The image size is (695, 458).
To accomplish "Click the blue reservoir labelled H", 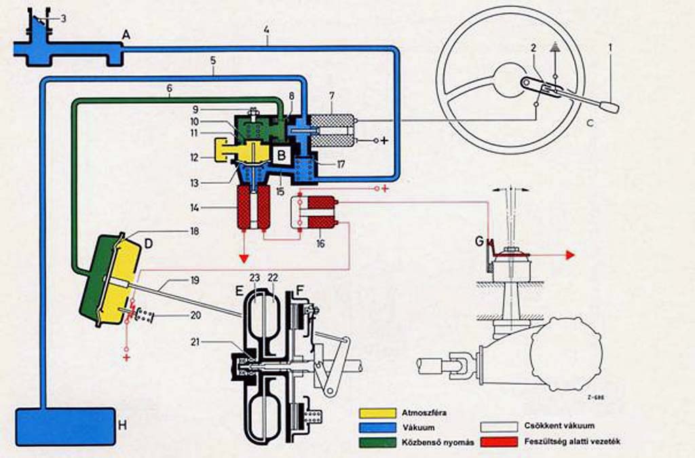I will tap(64, 426).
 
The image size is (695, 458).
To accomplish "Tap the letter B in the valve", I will tap(280, 154).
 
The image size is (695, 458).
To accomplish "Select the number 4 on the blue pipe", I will tap(267, 30).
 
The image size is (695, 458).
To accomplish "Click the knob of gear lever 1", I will tap(610, 107).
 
